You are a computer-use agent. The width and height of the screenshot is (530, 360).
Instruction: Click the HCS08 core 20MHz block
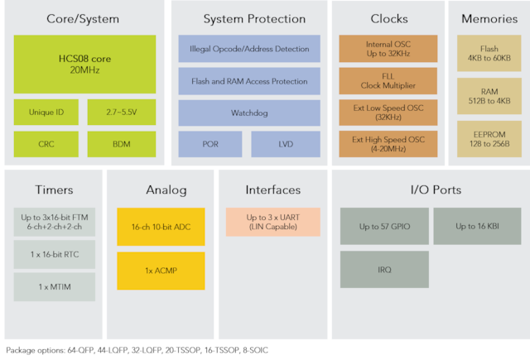pos(84,65)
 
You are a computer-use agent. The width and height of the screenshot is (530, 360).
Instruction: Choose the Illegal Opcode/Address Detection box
pos(249,50)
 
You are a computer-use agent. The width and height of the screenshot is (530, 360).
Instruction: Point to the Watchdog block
pos(249,113)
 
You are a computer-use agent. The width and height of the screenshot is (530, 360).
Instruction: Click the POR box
pos(210,143)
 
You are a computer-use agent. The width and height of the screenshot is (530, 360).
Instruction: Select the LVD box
pos(285,143)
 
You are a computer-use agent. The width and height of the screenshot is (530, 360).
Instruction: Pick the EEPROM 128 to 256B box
pos(489,138)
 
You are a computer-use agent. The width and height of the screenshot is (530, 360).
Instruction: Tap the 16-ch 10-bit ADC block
pos(161,226)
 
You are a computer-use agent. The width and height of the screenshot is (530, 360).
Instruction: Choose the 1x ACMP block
pos(161,271)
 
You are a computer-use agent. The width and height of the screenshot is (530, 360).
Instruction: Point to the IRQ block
pos(384,270)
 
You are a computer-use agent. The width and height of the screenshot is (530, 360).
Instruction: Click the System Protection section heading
pos(249,18)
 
